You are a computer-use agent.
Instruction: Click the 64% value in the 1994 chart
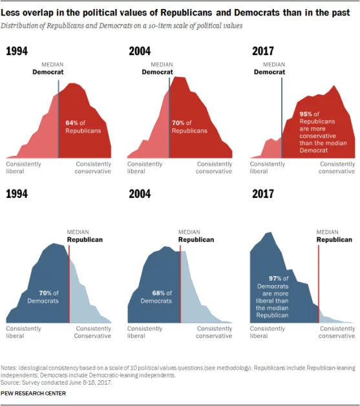(x=72, y=122)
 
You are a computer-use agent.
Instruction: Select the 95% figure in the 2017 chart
(x=307, y=114)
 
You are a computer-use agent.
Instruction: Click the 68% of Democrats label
(x=156, y=297)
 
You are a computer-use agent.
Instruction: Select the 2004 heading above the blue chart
(x=140, y=194)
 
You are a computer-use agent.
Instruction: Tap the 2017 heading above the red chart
(x=263, y=52)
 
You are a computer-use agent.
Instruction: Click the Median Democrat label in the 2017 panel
(x=269, y=69)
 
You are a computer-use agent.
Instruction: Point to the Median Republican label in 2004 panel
(x=196, y=235)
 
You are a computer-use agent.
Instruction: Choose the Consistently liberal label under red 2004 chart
(x=145, y=167)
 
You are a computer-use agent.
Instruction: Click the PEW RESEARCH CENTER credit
(x=36, y=392)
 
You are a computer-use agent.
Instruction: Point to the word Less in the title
(x=14, y=13)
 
